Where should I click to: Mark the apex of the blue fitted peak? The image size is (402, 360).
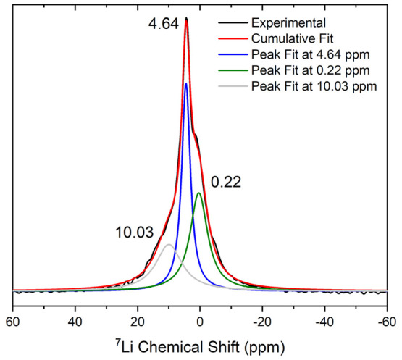click(x=186, y=83)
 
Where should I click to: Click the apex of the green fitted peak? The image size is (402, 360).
click(x=199, y=193)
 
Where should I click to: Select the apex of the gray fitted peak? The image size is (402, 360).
click(x=169, y=245)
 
